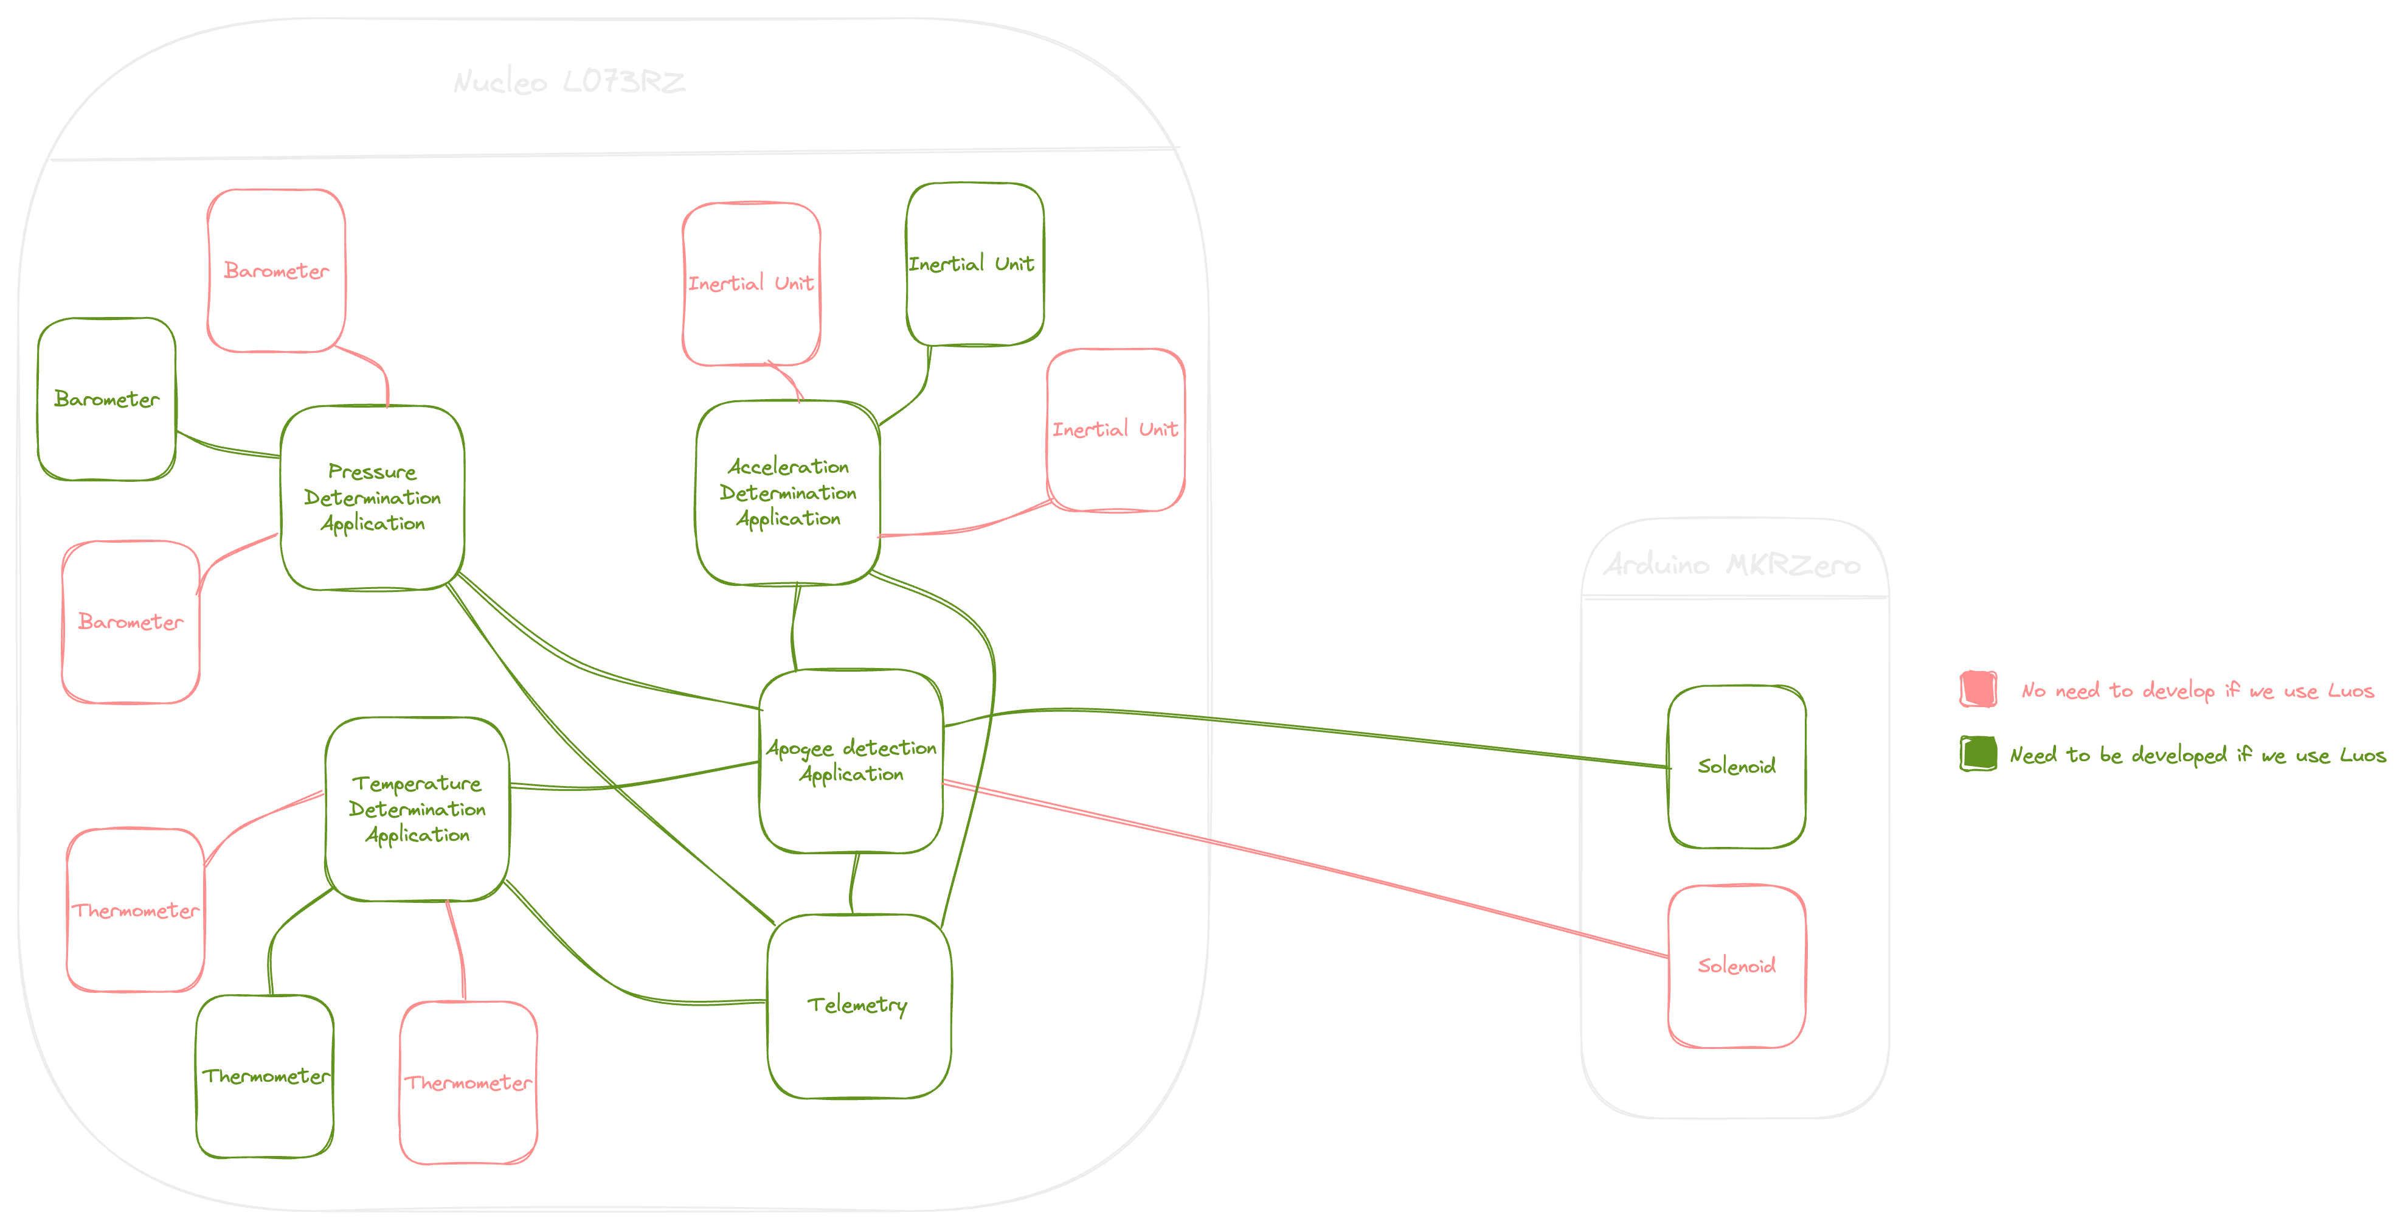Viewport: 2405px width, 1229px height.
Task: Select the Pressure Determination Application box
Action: click(373, 497)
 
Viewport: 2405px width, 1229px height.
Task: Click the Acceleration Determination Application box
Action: click(788, 492)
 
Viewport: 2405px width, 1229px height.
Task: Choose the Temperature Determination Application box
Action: click(417, 809)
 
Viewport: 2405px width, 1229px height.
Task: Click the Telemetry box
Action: click(858, 1005)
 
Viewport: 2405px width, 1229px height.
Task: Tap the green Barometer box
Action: click(106, 399)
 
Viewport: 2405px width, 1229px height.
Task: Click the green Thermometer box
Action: click(265, 1076)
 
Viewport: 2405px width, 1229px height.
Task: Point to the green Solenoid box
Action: click(1737, 767)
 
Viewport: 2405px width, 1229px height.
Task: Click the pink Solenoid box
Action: click(1737, 966)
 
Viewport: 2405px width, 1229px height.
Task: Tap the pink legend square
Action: click(1978, 689)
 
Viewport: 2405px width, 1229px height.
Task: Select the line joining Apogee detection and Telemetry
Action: click(853, 883)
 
